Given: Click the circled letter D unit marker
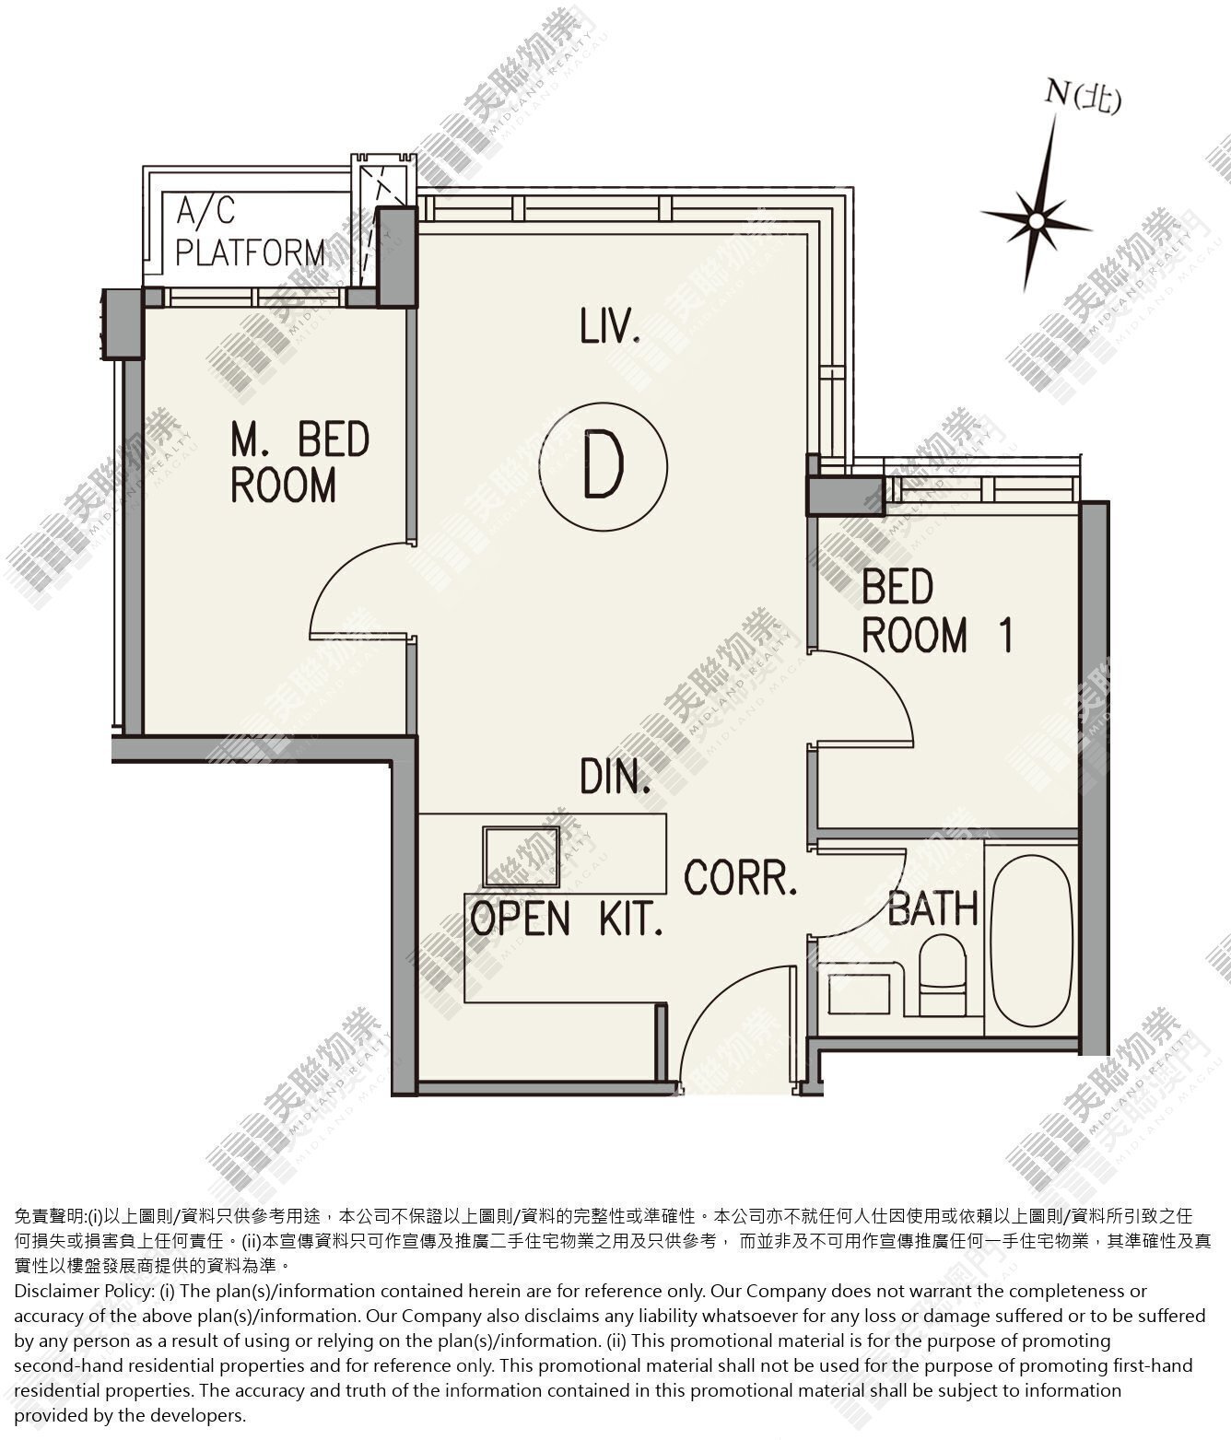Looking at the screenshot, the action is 604,466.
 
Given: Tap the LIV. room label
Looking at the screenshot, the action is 610,327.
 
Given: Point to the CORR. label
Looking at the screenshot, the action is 741,878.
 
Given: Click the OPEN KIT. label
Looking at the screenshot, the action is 567,919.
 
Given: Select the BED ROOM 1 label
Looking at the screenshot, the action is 937,611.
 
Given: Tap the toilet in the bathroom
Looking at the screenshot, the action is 943,976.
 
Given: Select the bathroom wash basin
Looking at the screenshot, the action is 860,994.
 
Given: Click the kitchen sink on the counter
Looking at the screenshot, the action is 522,857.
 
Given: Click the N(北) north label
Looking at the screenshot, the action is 1083,97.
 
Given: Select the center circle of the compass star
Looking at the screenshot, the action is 1038,221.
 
